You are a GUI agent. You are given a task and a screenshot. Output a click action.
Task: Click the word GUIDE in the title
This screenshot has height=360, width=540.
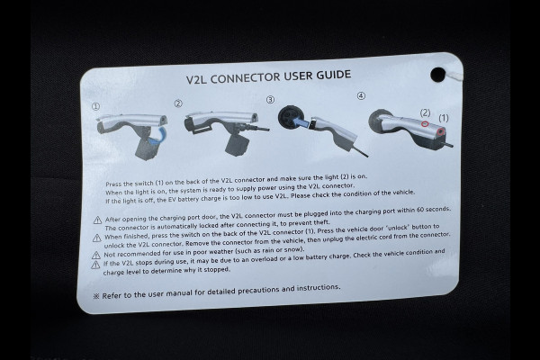(333, 75)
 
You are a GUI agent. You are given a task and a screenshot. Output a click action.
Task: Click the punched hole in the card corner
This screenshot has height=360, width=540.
(437, 75)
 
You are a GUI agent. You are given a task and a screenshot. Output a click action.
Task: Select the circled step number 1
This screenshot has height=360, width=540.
(95, 107)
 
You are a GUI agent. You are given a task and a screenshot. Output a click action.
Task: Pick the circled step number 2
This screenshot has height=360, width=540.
(178, 103)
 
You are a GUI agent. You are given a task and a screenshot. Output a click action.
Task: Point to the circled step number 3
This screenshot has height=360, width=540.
(270, 100)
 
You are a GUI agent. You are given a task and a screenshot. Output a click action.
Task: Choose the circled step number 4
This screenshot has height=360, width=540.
(361, 95)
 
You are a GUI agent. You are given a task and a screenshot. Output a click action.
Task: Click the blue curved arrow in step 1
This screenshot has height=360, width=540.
(159, 135)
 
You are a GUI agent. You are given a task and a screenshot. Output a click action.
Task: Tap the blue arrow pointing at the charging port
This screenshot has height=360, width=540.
(300, 121)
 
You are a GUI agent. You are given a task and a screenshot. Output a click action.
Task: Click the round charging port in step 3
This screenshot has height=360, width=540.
(290, 118)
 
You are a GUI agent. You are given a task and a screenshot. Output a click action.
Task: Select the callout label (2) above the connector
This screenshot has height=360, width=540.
(426, 112)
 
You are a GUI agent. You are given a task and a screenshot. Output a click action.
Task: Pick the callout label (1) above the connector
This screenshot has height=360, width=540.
(444, 118)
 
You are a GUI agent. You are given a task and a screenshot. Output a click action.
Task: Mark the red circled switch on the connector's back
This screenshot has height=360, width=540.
(440, 132)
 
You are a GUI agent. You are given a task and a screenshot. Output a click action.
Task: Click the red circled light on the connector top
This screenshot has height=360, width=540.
(426, 123)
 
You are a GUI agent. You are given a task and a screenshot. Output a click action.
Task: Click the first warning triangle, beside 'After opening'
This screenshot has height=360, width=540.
(97, 220)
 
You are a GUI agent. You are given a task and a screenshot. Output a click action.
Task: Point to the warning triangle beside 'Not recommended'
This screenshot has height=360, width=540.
(96, 256)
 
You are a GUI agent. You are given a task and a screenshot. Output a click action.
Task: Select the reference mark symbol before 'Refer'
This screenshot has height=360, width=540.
(96, 296)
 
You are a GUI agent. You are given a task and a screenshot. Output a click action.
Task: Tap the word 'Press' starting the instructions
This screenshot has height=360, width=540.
(112, 184)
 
